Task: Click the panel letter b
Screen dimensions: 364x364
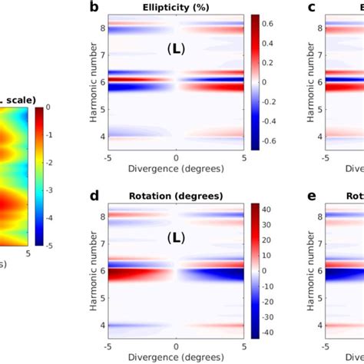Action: pyautogui.click(x=94, y=8)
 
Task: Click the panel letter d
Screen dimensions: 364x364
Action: pyautogui.click(x=94, y=195)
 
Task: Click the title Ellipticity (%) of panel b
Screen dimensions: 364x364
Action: pyautogui.click(x=176, y=8)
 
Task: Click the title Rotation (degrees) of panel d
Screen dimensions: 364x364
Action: pyautogui.click(x=176, y=195)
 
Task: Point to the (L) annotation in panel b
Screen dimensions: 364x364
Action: pyautogui.click(x=176, y=48)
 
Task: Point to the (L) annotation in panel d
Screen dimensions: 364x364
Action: pyautogui.click(x=176, y=237)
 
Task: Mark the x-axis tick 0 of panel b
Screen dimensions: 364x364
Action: pyautogui.click(x=176, y=157)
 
